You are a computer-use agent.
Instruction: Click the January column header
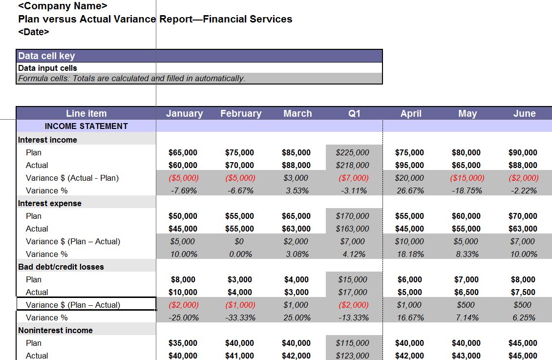184,113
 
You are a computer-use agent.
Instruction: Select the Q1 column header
354,113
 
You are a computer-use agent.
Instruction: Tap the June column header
524,113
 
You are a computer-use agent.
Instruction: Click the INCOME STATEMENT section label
86,126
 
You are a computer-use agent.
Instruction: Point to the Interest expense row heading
50,203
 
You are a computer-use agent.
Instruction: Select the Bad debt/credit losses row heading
61,267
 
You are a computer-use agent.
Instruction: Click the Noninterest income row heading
55,330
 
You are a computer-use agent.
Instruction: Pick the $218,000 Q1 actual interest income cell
353,165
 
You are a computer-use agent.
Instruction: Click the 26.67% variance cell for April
410,191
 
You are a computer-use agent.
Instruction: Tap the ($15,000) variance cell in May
467,178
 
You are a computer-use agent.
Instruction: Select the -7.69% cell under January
184,191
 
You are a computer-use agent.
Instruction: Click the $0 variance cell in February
239,241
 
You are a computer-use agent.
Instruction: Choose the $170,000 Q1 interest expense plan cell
353,216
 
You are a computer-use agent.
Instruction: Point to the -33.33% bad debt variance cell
240,318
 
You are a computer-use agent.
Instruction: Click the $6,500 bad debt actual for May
467,292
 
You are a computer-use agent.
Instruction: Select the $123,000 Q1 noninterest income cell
353,356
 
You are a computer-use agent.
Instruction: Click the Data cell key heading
46,56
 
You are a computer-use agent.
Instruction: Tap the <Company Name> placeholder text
63,6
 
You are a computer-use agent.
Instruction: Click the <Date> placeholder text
34,32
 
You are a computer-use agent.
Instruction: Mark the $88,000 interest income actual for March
296,165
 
